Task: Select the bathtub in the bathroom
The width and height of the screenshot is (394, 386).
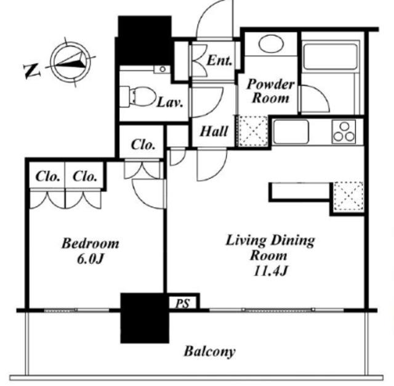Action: [x=330, y=57]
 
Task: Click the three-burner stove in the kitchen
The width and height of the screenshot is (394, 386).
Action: [x=344, y=131]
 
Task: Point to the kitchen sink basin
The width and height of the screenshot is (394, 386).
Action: [x=291, y=132]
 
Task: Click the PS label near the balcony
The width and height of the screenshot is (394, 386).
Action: [x=183, y=303]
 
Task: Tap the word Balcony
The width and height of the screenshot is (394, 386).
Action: [x=210, y=351]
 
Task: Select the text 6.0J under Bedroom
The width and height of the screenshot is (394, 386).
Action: [x=90, y=259]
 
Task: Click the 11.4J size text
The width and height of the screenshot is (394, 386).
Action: [x=271, y=271]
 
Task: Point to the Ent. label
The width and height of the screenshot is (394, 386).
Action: [x=219, y=60]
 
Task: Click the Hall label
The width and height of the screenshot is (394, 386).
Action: [x=214, y=131]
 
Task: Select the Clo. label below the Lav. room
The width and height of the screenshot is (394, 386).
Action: [x=143, y=145]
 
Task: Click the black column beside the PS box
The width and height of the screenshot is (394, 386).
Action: [x=145, y=318]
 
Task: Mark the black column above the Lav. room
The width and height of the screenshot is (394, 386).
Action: [x=145, y=41]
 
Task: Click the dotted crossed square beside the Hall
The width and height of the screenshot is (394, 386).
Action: [x=253, y=131]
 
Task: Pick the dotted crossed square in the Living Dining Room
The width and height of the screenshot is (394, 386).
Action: [x=348, y=197]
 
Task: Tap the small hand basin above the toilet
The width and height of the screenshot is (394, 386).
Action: [x=162, y=69]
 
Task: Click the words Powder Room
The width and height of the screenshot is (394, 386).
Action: [x=271, y=91]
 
